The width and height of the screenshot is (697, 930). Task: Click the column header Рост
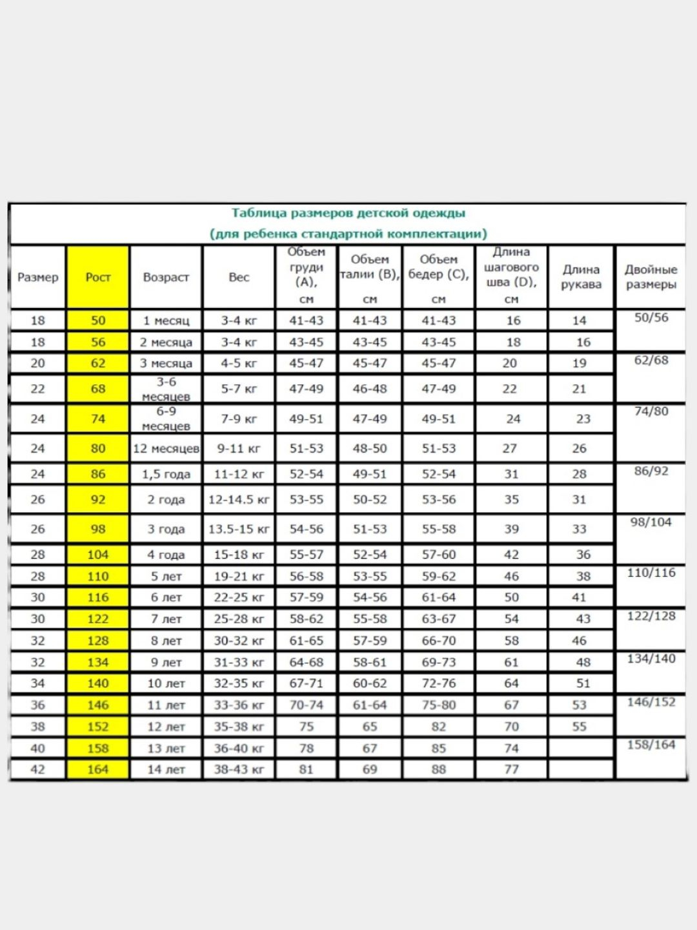click(x=98, y=277)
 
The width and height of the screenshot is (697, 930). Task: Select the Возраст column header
click(x=166, y=277)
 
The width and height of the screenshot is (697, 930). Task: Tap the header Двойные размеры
click(x=651, y=277)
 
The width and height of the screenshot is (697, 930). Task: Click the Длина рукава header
click(x=581, y=277)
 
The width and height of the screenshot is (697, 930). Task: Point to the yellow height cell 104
click(x=98, y=555)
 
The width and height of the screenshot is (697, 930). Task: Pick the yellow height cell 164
click(x=98, y=769)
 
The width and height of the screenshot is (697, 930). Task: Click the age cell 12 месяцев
click(x=166, y=448)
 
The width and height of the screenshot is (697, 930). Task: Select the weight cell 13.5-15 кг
click(x=239, y=529)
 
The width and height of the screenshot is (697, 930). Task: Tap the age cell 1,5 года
click(x=166, y=474)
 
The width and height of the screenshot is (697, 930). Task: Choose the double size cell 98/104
click(x=651, y=522)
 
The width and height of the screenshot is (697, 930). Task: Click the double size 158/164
click(x=651, y=745)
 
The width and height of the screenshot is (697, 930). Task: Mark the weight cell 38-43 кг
click(x=239, y=769)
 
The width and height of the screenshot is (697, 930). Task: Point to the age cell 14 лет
click(x=166, y=769)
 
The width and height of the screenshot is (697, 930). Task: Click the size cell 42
click(x=38, y=769)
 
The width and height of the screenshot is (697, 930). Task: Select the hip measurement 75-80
click(x=439, y=705)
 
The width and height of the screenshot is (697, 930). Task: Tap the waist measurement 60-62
click(x=370, y=683)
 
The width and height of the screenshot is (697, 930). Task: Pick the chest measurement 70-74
click(x=307, y=705)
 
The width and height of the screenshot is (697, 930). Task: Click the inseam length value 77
click(x=511, y=769)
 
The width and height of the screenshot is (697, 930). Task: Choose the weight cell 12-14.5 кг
click(x=239, y=500)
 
